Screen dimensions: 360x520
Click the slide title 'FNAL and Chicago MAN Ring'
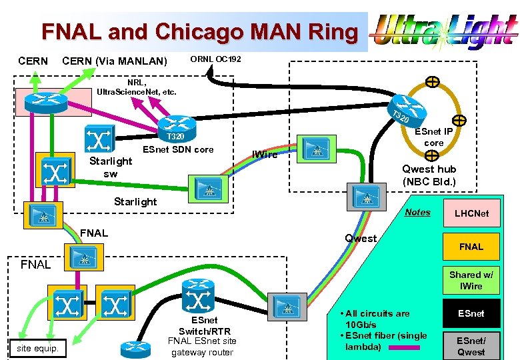[199, 31]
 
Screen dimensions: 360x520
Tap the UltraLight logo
[444, 33]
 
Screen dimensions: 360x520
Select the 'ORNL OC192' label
[215, 60]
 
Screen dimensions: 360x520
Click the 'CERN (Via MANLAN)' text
[114, 62]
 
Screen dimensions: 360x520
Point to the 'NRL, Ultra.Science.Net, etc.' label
[137, 87]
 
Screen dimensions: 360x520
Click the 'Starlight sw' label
[111, 167]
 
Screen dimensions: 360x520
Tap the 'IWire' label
[265, 155]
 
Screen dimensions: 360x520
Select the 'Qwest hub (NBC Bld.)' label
[429, 175]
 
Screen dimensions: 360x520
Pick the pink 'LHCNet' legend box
[471, 213]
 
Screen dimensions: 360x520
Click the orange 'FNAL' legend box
[471, 247]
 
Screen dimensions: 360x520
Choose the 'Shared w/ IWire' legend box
[471, 280]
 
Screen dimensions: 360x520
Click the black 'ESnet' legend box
[471, 313]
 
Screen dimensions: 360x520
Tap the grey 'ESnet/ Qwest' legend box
[471, 346]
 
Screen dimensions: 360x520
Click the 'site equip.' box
[37, 348]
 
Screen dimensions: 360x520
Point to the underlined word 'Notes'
[418, 213]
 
